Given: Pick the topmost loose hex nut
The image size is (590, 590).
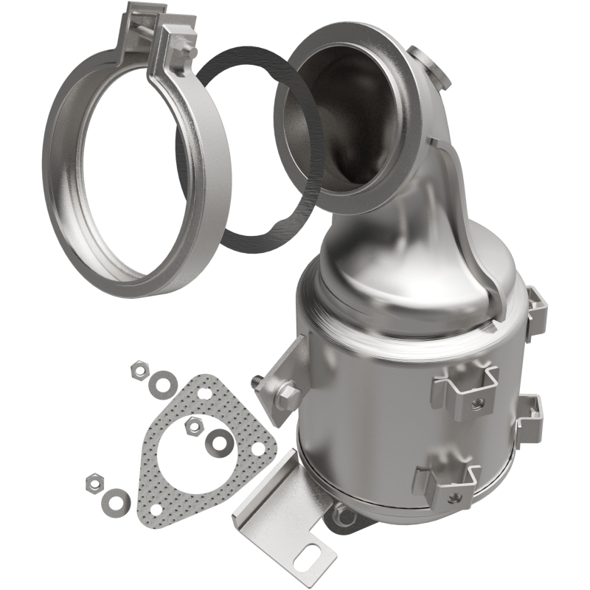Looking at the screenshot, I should coord(139,367).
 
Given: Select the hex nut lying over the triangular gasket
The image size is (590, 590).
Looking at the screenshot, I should coord(194,423).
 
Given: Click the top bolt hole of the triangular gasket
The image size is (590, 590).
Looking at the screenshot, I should coord(204,393).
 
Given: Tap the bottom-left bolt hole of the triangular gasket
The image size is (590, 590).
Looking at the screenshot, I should coord(155,507).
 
